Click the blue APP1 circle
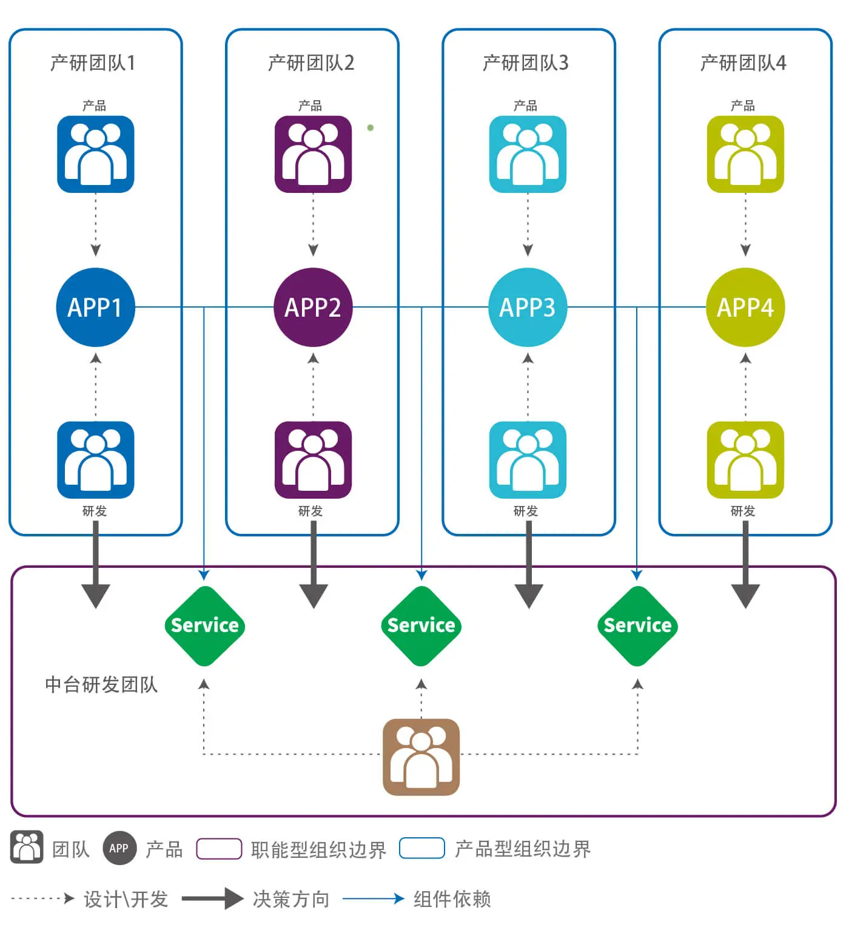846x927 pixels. [x=95, y=307]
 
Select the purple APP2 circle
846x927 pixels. [x=313, y=307]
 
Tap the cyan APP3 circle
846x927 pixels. [x=528, y=307]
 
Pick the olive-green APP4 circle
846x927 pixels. [x=745, y=307]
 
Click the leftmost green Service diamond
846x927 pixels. [x=204, y=625]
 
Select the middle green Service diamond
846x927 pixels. [x=421, y=625]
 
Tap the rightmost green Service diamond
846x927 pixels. [x=637, y=625]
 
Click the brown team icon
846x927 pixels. [x=421, y=757]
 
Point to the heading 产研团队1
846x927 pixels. [x=93, y=62]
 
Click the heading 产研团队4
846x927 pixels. [x=743, y=62]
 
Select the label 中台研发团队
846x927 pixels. [x=101, y=684]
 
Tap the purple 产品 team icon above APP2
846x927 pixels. [x=313, y=154]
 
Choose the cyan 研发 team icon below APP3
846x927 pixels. [x=528, y=459]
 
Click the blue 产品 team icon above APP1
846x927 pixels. [x=95, y=154]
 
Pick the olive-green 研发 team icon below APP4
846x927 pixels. [x=745, y=459]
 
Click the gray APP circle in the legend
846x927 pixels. [x=119, y=848]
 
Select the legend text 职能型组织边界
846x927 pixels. [x=318, y=849]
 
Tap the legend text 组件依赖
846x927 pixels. [x=452, y=898]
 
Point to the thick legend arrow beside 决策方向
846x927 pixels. [x=212, y=898]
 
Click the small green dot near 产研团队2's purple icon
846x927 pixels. [x=371, y=127]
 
